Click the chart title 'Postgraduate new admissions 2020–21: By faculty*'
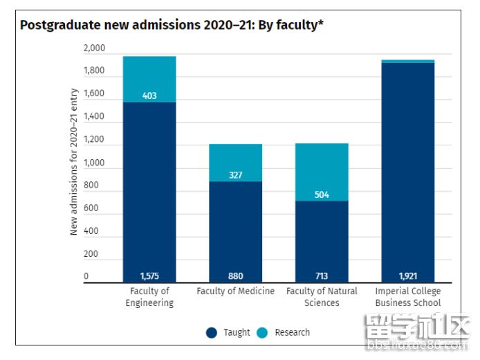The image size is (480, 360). click(172, 26)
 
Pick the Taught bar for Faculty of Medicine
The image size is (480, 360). click(236, 228)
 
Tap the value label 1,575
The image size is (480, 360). click(149, 276)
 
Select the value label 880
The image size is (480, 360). click(236, 276)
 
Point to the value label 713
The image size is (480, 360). click(322, 276)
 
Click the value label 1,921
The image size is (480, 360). click(408, 276)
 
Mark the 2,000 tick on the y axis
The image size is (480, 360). click(94, 48)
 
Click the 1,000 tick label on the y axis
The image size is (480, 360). click(94, 163)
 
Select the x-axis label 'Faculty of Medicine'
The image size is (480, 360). click(236, 291)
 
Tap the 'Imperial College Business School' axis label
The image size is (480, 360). click(408, 297)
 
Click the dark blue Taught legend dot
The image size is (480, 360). click(212, 332)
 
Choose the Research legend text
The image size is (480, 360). click(292, 332)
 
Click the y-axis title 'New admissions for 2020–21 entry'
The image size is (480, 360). click(74, 162)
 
